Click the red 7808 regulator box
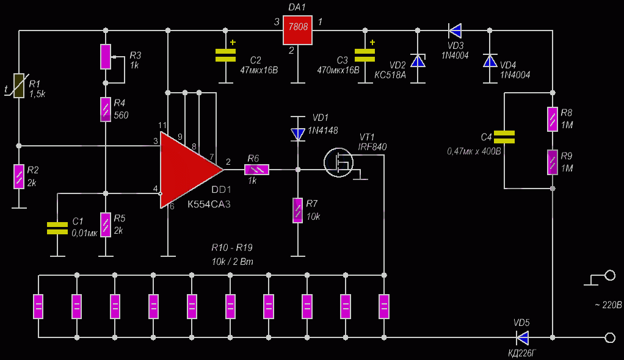297,31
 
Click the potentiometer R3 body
106,57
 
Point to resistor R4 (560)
106,109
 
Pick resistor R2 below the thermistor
19,176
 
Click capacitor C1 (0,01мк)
57,228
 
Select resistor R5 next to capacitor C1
106,225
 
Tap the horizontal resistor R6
256,170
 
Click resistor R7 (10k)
298,211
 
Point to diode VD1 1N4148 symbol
298,134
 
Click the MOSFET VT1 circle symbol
338,162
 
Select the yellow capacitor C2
225,56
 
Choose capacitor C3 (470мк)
365,56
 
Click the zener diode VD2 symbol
418,61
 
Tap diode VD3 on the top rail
455,31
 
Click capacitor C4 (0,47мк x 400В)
504,137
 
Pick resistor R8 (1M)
553,120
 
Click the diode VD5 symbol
522,337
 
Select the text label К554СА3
209,204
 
